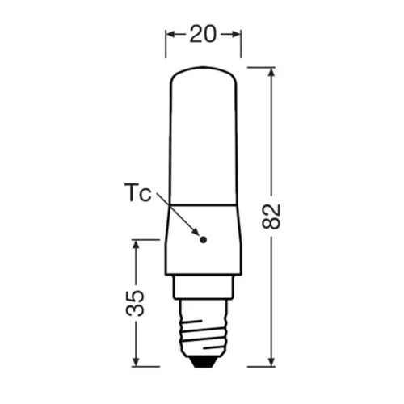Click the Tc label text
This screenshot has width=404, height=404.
(x=138, y=194)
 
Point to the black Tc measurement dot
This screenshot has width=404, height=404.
(x=203, y=239)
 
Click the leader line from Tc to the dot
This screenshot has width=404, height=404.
(x=179, y=215)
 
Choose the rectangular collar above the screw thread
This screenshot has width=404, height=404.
(x=203, y=287)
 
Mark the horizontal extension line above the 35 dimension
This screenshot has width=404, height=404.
(x=145, y=239)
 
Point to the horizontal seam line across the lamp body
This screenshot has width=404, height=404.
(x=203, y=203)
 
